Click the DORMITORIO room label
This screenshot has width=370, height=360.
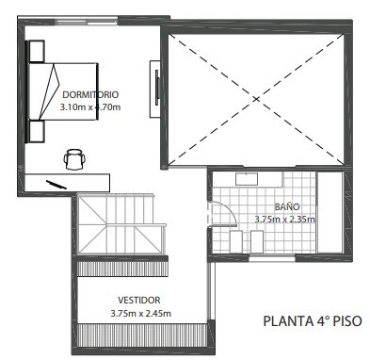(x=90, y=94)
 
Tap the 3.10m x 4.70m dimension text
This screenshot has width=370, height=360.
(x=90, y=107)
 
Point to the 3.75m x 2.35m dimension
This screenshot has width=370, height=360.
(x=285, y=220)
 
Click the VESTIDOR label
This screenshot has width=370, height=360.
(x=139, y=300)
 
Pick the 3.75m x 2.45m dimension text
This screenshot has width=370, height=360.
(x=141, y=313)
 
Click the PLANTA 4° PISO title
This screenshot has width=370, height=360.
(x=313, y=321)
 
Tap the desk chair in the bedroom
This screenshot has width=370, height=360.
(x=74, y=159)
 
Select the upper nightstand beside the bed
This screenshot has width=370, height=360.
(x=37, y=51)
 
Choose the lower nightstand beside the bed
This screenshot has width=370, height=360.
(x=37, y=131)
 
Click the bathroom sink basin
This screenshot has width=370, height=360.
(x=247, y=179)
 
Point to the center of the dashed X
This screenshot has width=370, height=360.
(x=256, y=99)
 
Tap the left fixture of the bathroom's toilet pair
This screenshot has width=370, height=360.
(x=236, y=241)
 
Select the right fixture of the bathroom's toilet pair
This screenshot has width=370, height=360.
(x=257, y=241)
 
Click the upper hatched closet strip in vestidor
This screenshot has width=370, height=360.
(x=122, y=269)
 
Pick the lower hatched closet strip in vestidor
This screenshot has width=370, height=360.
(x=142, y=335)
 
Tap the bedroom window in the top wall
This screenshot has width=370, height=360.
(x=88, y=22)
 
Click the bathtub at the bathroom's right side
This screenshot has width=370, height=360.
(x=330, y=212)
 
